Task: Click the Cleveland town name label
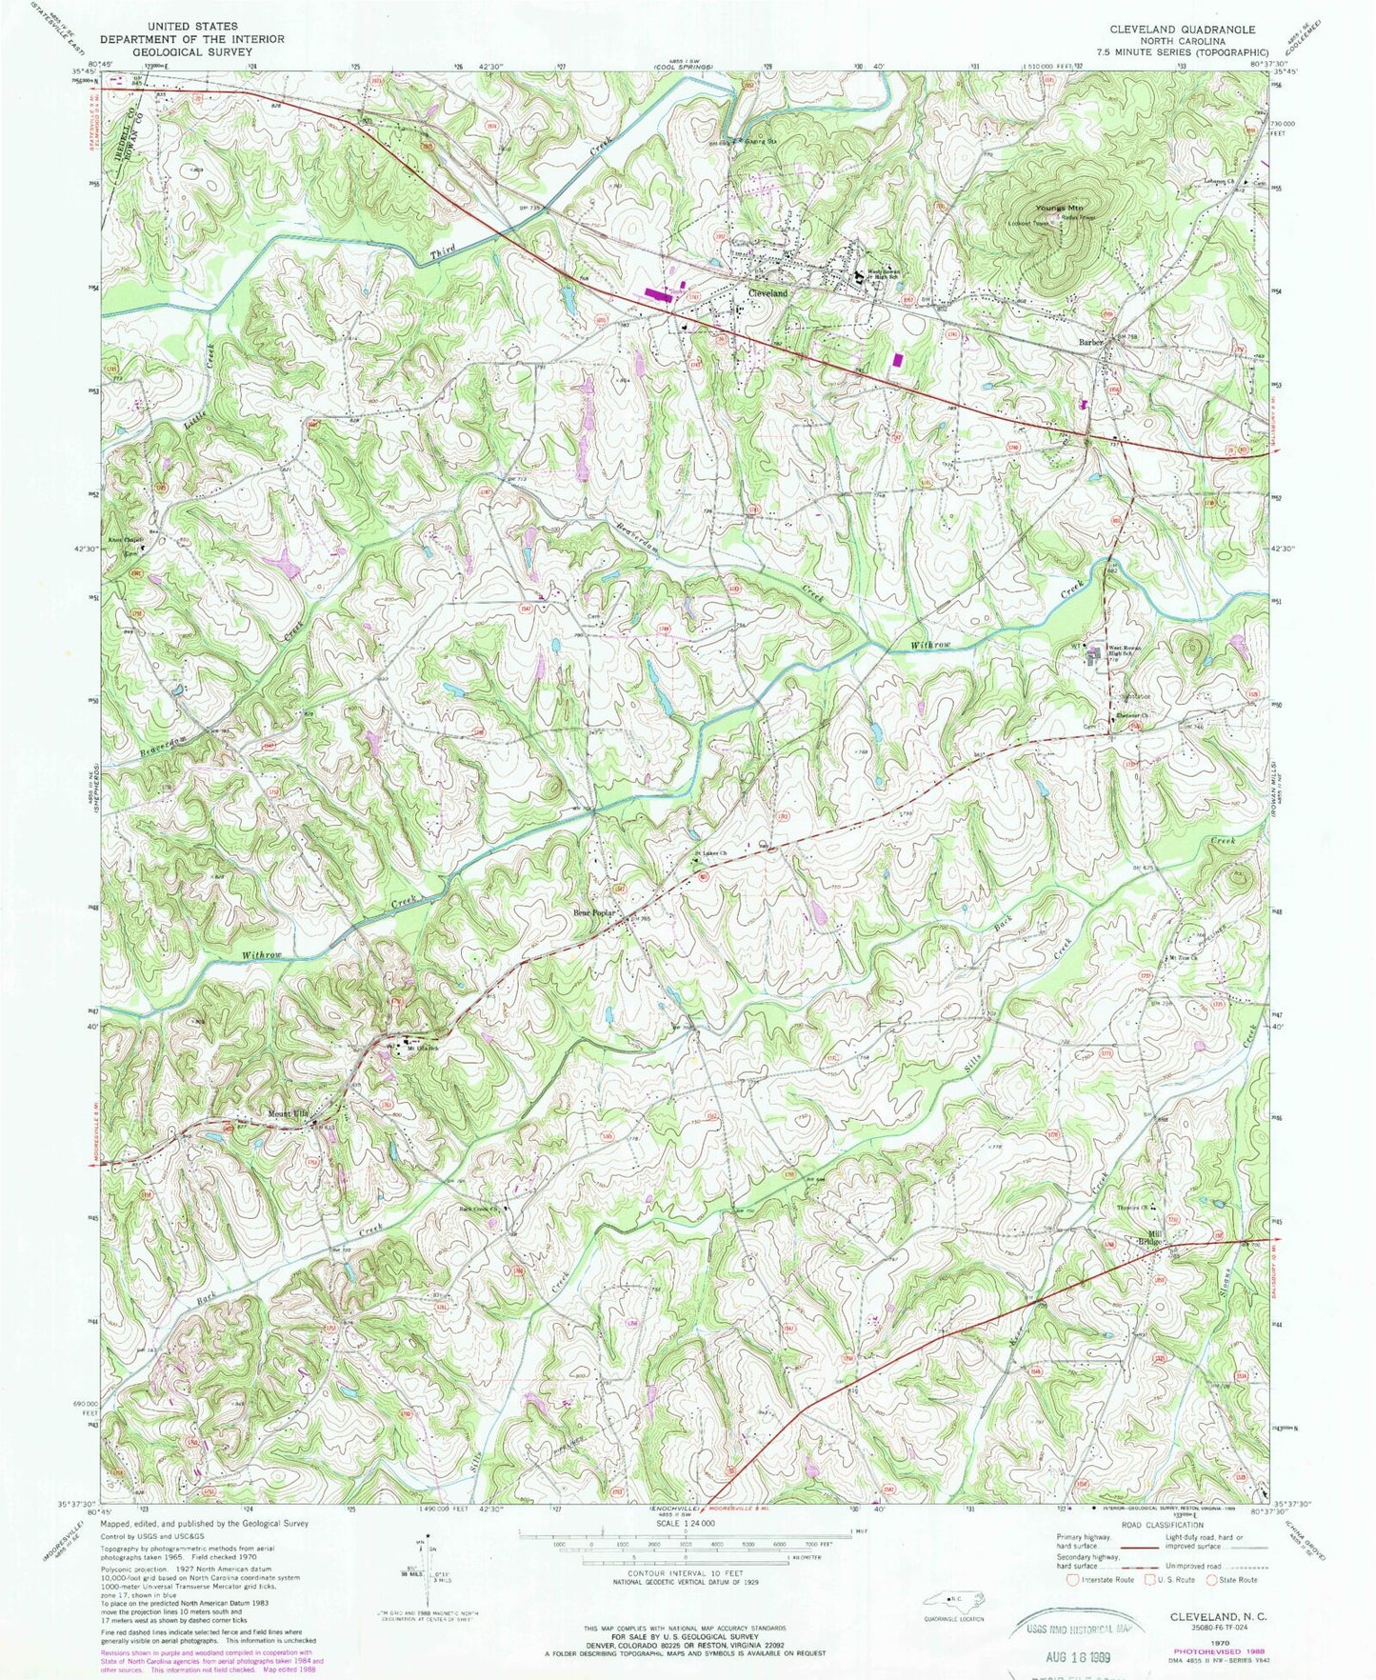(768, 294)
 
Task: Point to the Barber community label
(1090, 341)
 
